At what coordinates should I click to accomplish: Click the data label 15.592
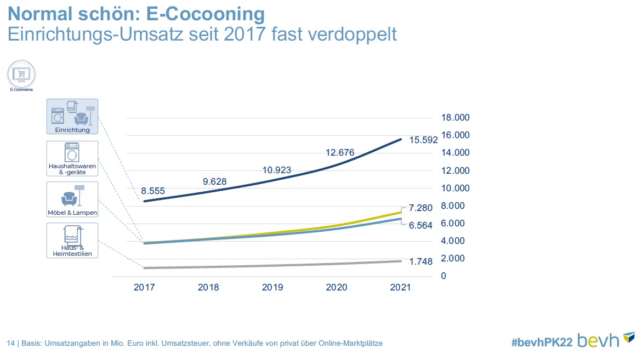click(423, 140)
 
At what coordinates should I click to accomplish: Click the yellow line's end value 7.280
click(421, 209)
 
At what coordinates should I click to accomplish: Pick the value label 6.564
click(421, 225)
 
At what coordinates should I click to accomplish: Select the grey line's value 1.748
click(421, 262)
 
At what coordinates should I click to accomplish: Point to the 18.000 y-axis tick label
click(456, 118)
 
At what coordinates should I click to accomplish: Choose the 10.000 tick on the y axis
click(456, 188)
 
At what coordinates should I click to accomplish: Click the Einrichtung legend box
click(72, 117)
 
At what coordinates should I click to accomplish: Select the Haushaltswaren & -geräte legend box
click(72, 158)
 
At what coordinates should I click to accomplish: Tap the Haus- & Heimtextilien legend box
click(72, 240)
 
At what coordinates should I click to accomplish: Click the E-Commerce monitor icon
click(21, 73)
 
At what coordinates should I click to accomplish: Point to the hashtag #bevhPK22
click(542, 341)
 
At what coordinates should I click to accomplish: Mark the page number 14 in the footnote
click(10, 344)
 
